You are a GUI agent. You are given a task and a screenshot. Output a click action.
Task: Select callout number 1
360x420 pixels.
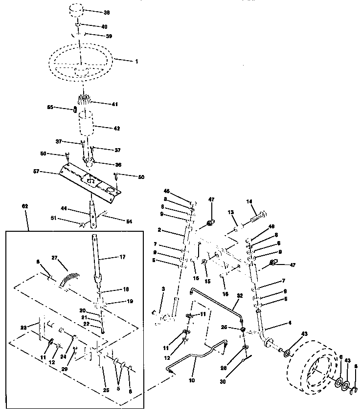click(137, 62)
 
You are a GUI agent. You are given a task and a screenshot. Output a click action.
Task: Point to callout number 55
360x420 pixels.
click(63, 107)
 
